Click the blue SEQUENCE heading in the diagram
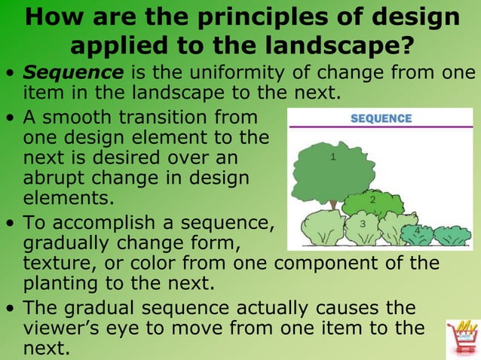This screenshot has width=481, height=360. point(381,118)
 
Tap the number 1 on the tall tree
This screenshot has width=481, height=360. point(332,157)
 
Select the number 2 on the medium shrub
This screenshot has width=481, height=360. point(372,200)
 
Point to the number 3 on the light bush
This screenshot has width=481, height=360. point(363,224)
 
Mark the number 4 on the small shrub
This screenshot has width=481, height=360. point(417,230)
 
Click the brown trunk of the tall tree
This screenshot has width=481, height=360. point(332,204)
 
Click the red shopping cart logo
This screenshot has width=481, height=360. point(461,336)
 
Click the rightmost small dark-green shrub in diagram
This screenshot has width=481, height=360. point(452,236)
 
